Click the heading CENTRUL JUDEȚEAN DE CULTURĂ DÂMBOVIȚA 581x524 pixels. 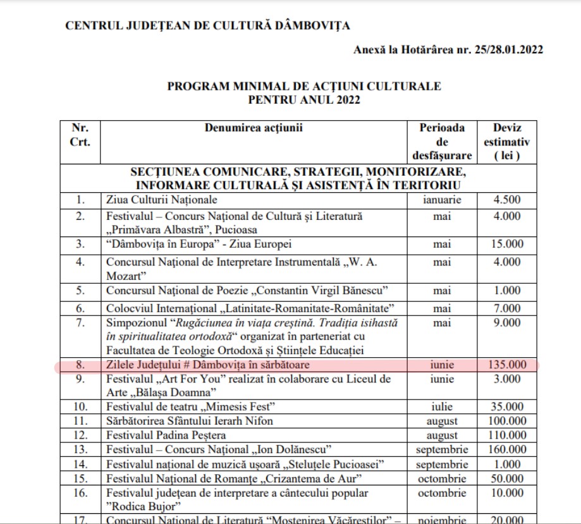(207, 27)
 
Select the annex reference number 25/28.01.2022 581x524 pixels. (508, 50)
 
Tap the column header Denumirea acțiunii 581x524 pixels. (254, 128)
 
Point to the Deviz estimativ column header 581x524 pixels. (506, 142)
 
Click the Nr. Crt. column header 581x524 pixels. (80, 135)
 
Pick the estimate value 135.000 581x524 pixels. (506, 365)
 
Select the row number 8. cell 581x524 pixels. (80, 365)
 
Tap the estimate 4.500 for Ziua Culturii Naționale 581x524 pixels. (506, 200)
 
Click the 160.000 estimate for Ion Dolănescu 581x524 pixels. (506, 449)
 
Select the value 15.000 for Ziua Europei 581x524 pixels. (506, 243)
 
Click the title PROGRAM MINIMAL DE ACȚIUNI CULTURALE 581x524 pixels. (304, 86)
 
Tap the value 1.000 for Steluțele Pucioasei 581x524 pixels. (506, 464)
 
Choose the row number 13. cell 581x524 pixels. (80, 449)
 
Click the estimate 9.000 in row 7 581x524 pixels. (506, 323)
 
